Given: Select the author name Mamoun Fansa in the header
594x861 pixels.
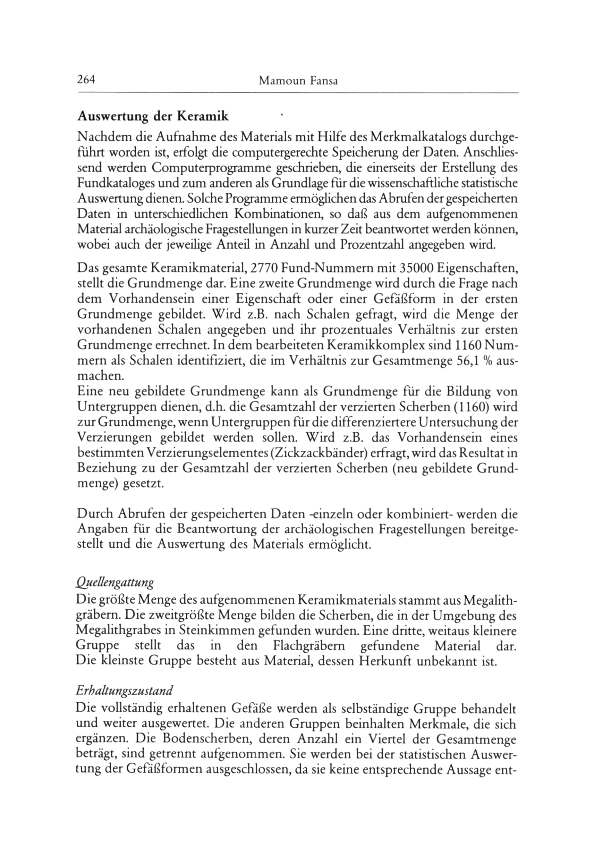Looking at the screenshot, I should pos(298,81).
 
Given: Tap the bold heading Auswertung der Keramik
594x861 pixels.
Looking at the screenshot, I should pos(153,117).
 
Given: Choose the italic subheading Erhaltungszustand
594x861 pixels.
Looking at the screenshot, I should pos(124,691).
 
